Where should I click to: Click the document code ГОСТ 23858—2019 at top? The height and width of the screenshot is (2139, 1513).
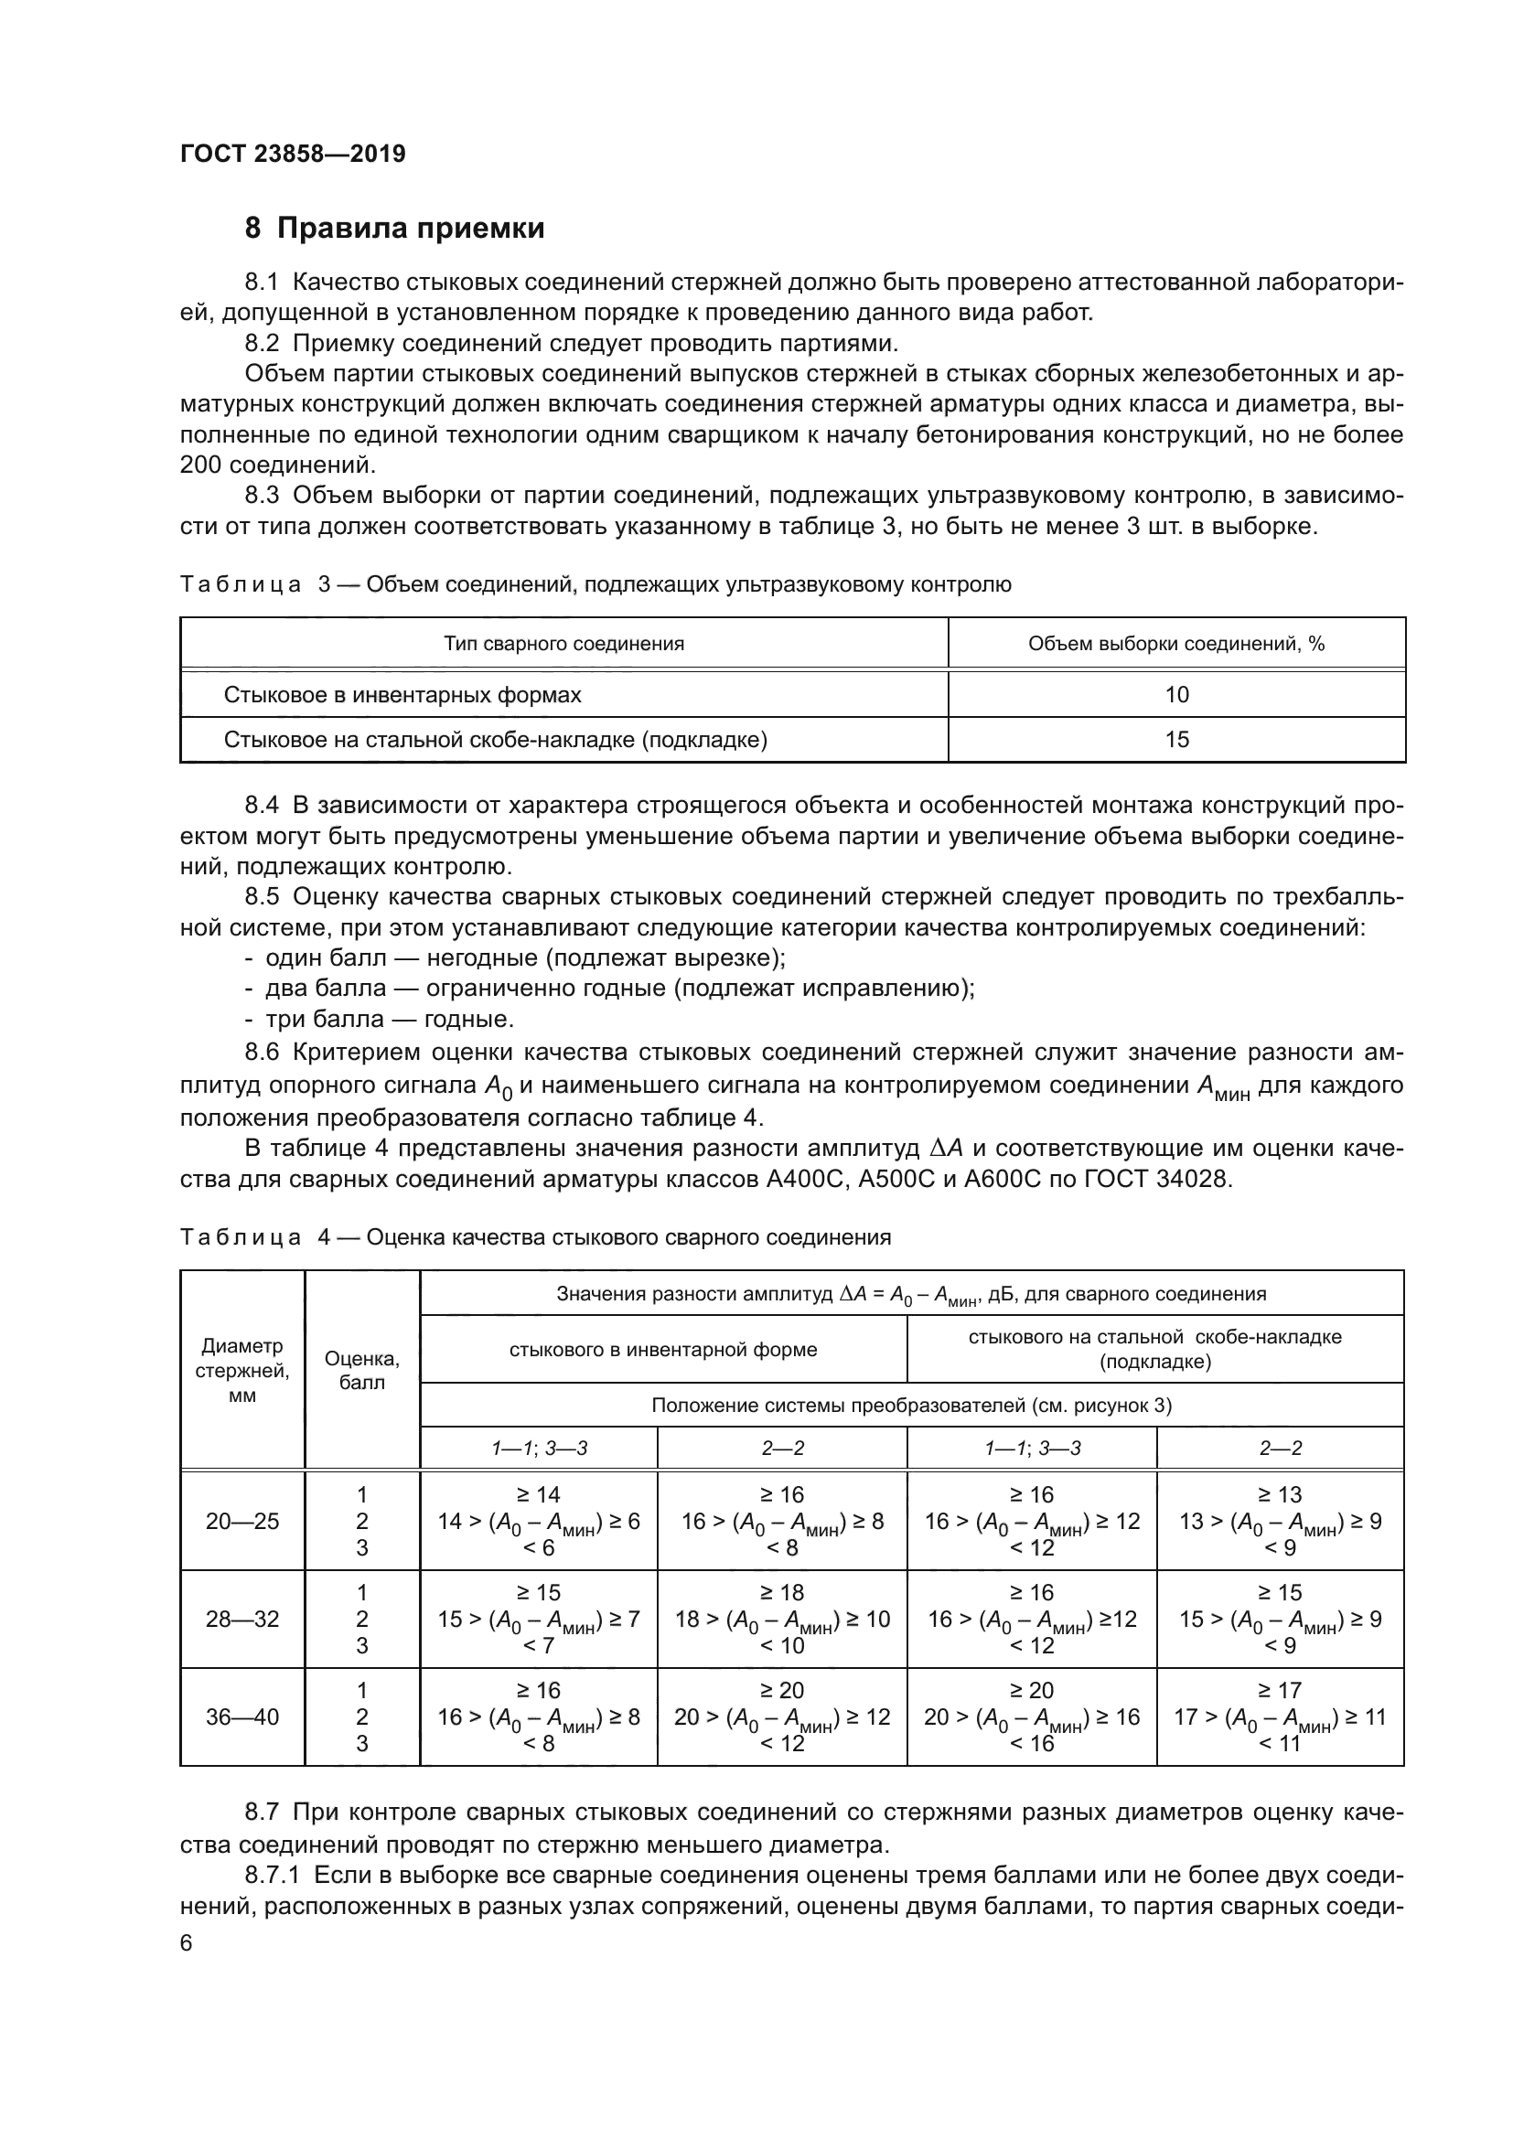(293, 155)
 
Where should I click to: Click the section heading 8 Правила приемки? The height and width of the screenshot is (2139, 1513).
(395, 229)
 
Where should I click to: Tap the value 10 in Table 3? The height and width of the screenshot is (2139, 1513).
(1175, 694)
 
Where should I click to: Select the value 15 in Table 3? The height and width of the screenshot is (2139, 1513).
(1175, 740)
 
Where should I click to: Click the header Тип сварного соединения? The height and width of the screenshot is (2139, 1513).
(563, 644)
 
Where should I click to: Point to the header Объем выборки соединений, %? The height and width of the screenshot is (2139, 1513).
(1175, 644)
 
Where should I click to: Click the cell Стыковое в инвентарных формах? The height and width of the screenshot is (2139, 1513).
(402, 694)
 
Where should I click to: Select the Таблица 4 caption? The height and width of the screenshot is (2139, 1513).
(535, 1237)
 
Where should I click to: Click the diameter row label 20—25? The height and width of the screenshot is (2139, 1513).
(242, 1522)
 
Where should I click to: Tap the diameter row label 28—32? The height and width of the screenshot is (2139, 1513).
(242, 1620)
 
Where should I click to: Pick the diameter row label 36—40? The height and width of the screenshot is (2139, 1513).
(242, 1717)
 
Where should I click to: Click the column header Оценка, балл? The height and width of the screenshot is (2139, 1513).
(361, 1371)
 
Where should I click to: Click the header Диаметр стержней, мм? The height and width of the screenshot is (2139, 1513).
(242, 1371)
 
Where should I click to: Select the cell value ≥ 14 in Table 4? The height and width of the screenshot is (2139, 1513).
(539, 1495)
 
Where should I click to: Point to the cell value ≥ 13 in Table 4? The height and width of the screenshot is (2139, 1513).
(1280, 1495)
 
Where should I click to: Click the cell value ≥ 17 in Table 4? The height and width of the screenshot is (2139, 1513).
(1280, 1691)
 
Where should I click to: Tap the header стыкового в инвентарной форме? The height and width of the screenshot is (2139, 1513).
(662, 1350)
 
